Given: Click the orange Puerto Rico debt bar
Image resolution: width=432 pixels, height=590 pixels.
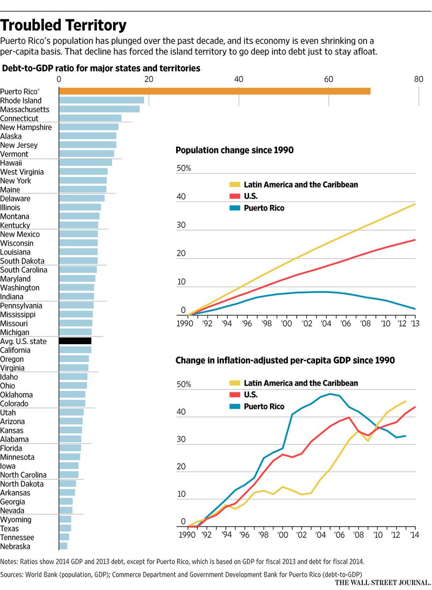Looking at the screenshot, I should pyautogui.click(x=215, y=91).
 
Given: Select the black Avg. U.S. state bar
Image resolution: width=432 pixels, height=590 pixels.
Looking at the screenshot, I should pyautogui.click(x=75, y=341).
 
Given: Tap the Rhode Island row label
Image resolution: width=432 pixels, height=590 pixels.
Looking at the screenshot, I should pyautogui.click(x=21, y=100).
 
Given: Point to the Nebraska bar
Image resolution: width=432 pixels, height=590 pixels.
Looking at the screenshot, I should pyautogui.click(x=63, y=546).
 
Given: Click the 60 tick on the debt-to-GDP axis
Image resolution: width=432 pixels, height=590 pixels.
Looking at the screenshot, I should pyautogui.click(x=329, y=79).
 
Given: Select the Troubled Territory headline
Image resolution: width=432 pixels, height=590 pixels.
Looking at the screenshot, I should pyautogui.click(x=63, y=25).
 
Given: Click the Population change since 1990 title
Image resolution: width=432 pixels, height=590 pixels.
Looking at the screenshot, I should pyautogui.click(x=234, y=150).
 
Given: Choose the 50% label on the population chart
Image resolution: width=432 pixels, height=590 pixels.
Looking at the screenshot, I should pyautogui.click(x=184, y=169).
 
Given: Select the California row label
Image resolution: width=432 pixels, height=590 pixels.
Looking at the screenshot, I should pyautogui.click(x=15, y=350).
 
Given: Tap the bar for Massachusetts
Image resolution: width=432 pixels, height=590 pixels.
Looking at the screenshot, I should pyautogui.click(x=99, y=109).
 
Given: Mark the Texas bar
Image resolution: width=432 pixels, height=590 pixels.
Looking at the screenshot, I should pyautogui.click(x=65, y=528).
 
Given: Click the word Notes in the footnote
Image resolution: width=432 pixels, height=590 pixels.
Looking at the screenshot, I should pyautogui.click(x=9, y=561).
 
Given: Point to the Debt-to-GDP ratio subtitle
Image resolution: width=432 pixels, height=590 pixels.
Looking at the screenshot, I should pyautogui.click(x=101, y=68).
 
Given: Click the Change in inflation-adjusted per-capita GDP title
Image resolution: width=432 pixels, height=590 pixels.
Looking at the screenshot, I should pyautogui.click(x=285, y=360).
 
